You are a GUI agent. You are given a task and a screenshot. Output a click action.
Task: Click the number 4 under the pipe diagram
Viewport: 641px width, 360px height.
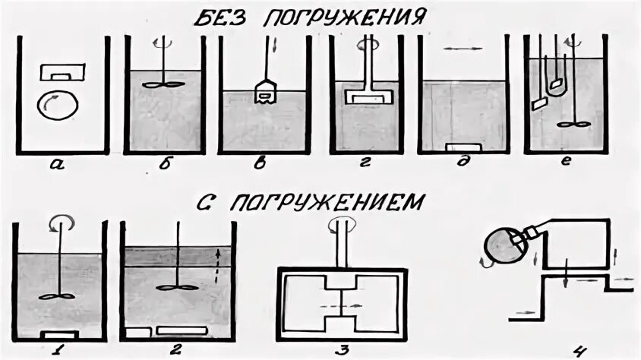[580, 349]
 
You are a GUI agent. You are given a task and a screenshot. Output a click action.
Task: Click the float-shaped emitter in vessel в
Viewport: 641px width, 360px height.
[264, 93]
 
